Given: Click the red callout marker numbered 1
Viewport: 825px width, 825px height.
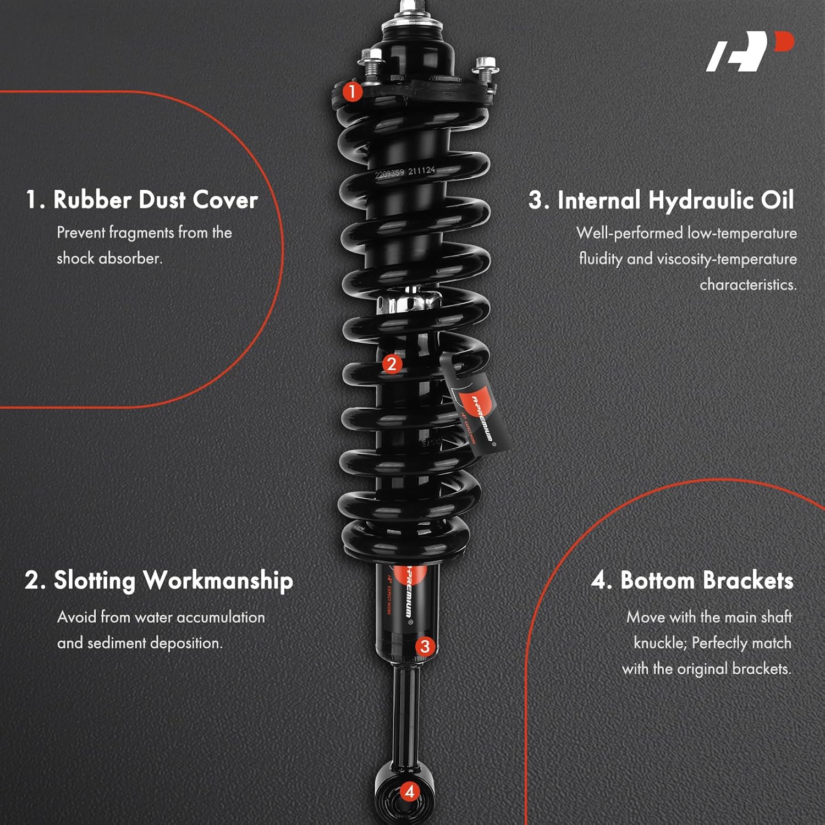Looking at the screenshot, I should [x=353, y=91].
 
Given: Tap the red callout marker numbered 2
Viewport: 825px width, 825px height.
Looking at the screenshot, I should [x=392, y=364].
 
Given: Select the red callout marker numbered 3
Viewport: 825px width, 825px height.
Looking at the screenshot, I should [x=425, y=646].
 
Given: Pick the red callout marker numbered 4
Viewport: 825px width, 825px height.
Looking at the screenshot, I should [x=409, y=792].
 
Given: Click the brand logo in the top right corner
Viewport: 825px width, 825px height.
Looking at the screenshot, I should [x=750, y=51].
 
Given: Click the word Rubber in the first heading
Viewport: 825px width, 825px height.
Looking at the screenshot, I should [x=92, y=200].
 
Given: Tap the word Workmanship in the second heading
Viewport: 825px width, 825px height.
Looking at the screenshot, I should [x=218, y=581].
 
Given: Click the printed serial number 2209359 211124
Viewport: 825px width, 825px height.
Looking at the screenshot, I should [x=405, y=172].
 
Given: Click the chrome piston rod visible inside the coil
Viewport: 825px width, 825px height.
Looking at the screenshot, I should [x=410, y=301].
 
